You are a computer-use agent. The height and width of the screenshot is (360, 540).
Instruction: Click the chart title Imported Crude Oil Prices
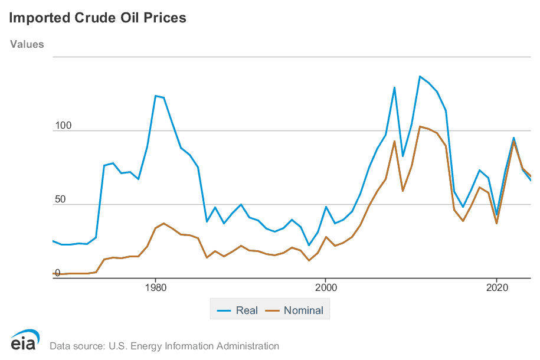(97, 18)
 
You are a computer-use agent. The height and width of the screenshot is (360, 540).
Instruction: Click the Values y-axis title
(27, 44)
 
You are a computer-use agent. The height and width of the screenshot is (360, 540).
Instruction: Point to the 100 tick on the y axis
(63, 126)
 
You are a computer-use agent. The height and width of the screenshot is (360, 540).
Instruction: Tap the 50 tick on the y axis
(60, 199)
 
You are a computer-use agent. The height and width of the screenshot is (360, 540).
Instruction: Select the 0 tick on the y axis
(57, 273)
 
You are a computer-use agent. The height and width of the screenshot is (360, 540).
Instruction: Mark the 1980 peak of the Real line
(155, 96)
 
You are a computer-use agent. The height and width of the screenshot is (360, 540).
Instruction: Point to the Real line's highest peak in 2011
(420, 76)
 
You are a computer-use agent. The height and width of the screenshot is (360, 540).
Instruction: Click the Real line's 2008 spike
(394, 87)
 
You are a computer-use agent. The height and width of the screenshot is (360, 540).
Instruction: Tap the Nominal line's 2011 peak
(420, 126)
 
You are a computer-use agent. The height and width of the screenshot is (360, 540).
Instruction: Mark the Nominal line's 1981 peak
(163, 223)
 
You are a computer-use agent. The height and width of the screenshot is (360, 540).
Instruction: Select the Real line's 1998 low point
(309, 245)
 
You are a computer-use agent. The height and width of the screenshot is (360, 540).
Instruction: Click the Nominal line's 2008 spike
(394, 141)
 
